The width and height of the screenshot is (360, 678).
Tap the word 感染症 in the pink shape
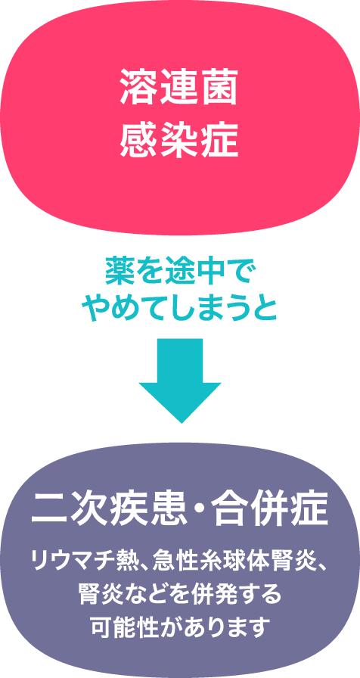(x=179, y=139)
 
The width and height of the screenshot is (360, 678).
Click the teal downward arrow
(x=180, y=380)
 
